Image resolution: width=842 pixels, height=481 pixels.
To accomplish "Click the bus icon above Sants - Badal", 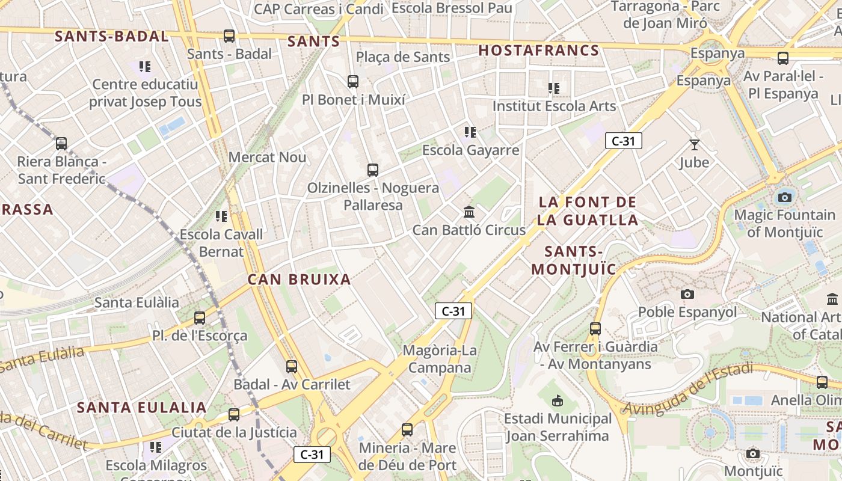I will [x=229, y=36].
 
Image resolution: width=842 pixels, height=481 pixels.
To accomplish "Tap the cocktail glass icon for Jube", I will [x=695, y=145].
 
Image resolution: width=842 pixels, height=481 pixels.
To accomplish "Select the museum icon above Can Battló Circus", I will [x=469, y=212].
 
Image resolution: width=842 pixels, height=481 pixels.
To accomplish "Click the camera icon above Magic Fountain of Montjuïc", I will [x=784, y=197].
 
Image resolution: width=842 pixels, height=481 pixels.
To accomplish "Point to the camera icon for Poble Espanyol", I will [x=687, y=294].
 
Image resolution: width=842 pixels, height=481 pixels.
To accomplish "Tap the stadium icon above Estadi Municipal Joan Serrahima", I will [x=558, y=400].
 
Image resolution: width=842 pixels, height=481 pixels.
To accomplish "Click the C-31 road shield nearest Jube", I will [x=624, y=141].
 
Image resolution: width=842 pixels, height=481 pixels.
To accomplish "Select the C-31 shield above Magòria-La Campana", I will [x=453, y=311].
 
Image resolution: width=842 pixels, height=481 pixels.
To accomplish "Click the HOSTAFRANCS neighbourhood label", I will [x=539, y=51].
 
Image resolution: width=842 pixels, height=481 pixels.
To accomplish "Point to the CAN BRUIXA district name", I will [x=299, y=279].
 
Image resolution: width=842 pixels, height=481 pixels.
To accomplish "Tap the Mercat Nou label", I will [x=268, y=158].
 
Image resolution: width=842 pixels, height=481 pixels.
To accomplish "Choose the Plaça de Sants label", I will [x=403, y=57].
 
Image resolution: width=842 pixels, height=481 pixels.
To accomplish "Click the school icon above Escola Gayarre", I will [x=470, y=132].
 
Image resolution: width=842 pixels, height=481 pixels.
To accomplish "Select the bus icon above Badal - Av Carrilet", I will [x=292, y=366].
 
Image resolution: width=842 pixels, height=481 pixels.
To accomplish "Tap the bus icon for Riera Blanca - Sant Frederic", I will [x=61, y=144].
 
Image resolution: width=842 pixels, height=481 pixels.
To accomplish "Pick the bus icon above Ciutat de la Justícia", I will [x=234, y=414].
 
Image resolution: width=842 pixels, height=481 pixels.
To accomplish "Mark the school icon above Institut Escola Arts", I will [x=554, y=88].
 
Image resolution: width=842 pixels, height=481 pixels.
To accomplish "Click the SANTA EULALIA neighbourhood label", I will [x=142, y=408].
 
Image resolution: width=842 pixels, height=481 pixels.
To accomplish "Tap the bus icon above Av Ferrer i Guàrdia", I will [x=595, y=328].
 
